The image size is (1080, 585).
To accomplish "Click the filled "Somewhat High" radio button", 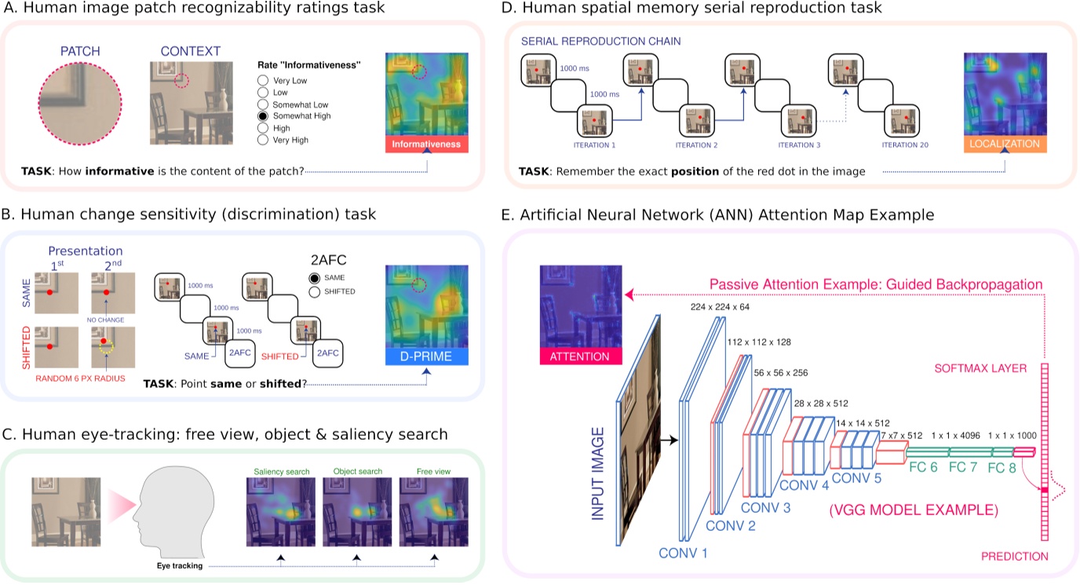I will click(x=264, y=116).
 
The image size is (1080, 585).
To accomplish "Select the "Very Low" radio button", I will click(x=264, y=80).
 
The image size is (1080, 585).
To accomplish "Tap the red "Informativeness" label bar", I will click(x=426, y=144).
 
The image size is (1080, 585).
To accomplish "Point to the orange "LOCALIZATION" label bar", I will click(x=1004, y=144).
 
